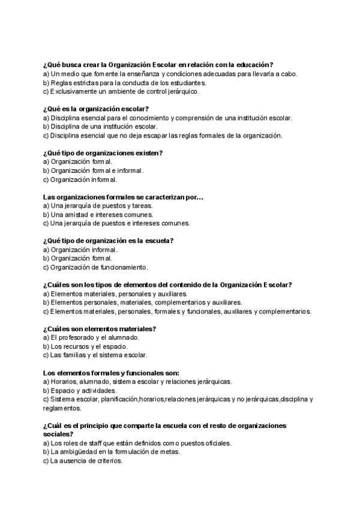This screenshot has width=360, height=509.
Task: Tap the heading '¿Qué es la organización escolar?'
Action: pyautogui.click(x=97, y=109)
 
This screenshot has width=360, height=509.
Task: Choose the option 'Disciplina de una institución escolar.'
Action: pyautogui.click(x=100, y=127)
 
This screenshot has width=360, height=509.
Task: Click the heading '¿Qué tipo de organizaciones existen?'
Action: pyautogui.click(x=103, y=153)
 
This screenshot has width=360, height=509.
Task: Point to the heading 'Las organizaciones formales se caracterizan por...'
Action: pyautogui.click(x=124, y=197)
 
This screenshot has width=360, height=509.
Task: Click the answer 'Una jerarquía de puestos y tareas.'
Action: pyautogui.click(x=98, y=206)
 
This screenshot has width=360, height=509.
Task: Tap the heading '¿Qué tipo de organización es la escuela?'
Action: pyautogui.click(x=109, y=241)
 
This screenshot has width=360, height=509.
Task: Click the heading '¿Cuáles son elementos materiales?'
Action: pyautogui.click(x=100, y=328)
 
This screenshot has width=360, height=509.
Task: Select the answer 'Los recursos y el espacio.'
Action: pyautogui.click(x=85, y=346)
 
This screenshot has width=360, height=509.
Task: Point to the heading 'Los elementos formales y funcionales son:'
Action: pyautogui.click(x=112, y=373)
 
